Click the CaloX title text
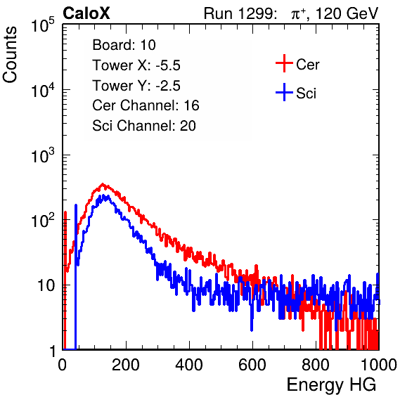coord(86,13)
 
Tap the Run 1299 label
coord(240,13)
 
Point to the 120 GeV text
coord(347,13)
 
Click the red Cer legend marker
coord(284,63)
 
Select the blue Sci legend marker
coord(284,93)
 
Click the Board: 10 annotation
coord(124,45)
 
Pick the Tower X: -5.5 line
coord(136,65)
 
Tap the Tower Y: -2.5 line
coord(136,86)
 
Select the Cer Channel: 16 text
coord(146,105)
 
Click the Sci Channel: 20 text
coord(144,126)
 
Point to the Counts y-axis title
coord(10,55)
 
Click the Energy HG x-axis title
coord(331,385)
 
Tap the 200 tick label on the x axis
coord(126,365)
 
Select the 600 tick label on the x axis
coord(252,365)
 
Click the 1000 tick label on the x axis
coord(379,365)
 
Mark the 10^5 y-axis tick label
coord(43,25)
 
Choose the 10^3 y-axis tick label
coord(43,156)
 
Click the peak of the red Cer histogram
coord(103,183)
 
